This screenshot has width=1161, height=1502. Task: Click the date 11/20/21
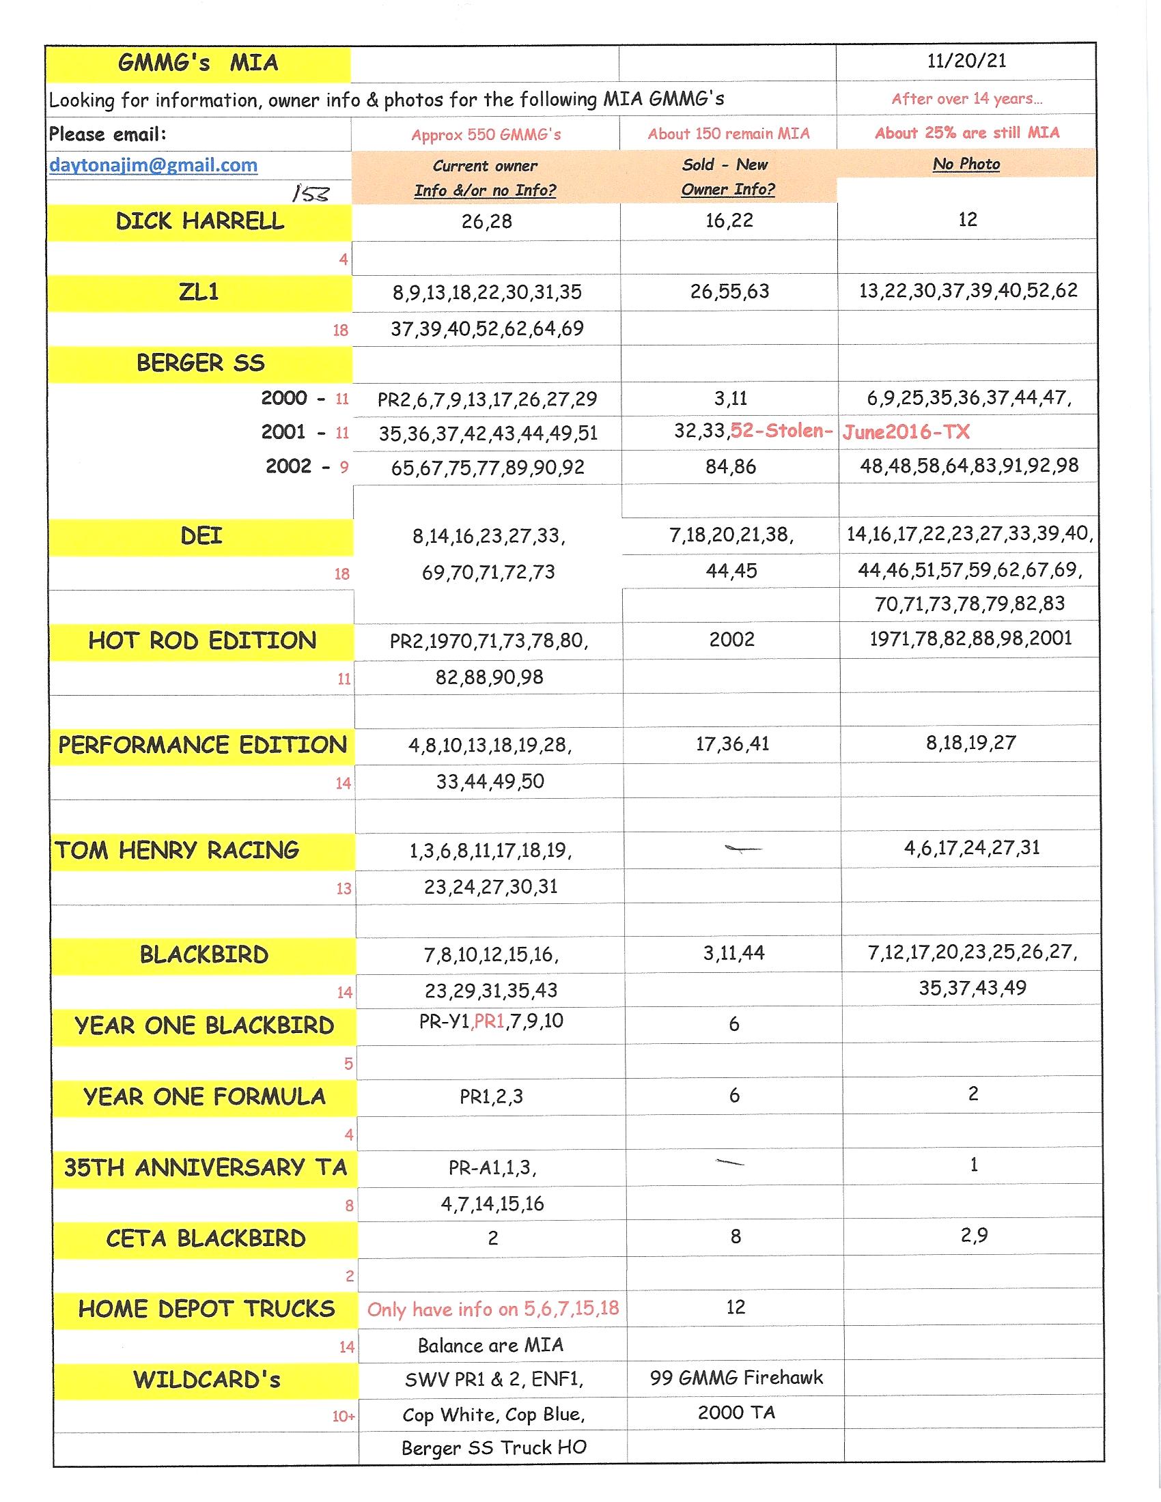966,61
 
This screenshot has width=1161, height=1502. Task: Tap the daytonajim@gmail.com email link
154,165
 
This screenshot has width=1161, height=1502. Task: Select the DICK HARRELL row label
199,221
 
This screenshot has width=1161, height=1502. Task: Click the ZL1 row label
199,292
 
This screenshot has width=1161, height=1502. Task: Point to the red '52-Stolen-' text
781,431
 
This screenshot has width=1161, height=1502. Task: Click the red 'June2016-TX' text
906,432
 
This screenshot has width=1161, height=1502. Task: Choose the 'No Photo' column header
966,164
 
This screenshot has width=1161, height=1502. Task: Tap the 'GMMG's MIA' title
198,63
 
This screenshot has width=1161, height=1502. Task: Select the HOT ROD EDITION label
202,641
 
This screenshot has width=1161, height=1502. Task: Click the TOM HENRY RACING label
178,851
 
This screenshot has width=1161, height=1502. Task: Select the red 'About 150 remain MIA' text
729,133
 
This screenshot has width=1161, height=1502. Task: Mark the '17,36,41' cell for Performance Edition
733,743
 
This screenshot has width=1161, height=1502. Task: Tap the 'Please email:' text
107,133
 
